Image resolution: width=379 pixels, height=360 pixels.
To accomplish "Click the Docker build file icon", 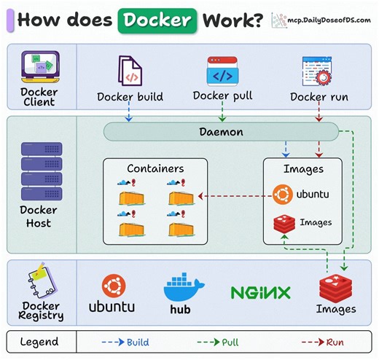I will [x=130, y=71].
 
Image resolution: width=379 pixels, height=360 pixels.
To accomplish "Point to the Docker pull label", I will [x=222, y=95].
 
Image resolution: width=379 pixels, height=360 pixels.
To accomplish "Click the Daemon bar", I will [x=221, y=132].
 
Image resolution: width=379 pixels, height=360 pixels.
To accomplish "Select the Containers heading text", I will [x=155, y=168].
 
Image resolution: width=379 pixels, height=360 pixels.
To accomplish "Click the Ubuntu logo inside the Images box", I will [x=282, y=195].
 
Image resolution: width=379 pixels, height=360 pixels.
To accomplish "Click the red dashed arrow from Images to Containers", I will [x=231, y=195].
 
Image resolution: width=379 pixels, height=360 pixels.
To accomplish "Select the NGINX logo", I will [x=260, y=293].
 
